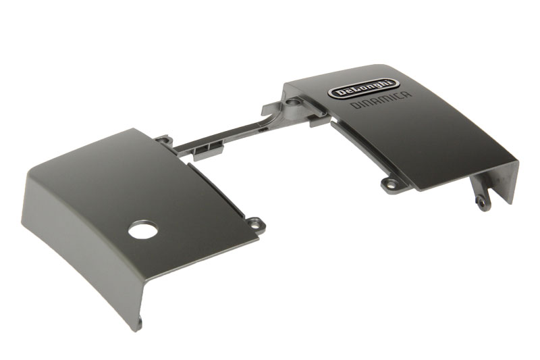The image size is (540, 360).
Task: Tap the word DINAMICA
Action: pyautogui.click(x=381, y=100)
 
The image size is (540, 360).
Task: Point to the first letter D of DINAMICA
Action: pyautogui.click(x=354, y=106)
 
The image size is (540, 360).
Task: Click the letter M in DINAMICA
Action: pyautogui.click(x=385, y=99)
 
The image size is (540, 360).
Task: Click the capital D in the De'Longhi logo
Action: pyautogui.click(x=340, y=93)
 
